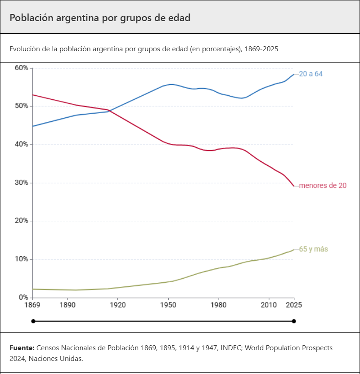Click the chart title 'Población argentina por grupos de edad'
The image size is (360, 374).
[100, 18]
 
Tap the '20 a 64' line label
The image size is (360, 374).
[311, 74]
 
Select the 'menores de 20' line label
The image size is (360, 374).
[323, 185]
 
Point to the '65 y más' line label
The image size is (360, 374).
[314, 249]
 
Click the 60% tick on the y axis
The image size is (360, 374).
[21, 68]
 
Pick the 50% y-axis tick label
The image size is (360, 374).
[21, 106]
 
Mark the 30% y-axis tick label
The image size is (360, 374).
[21, 183]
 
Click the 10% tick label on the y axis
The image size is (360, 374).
[21, 259]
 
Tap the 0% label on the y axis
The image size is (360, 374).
[23, 298]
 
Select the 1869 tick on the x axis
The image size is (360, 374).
[32, 305]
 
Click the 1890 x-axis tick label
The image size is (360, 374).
[67, 305]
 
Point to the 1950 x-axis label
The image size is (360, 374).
[168, 305]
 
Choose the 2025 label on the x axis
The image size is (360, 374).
[294, 305]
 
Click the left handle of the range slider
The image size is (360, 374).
[33, 321]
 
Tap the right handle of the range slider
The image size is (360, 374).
[294, 321]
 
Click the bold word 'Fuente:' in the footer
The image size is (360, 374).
[22, 348]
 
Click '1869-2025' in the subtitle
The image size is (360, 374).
[263, 49]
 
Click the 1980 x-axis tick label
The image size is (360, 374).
[218, 305]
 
